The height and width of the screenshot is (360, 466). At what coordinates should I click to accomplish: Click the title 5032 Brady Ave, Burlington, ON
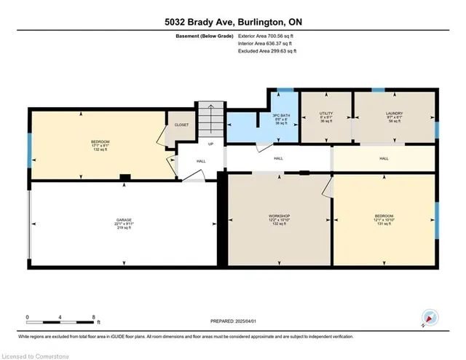[232, 22]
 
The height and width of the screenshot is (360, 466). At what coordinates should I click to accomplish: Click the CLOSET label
[181, 125]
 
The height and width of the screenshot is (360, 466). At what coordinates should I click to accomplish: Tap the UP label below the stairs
[210, 144]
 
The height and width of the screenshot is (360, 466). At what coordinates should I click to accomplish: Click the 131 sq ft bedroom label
[384, 219]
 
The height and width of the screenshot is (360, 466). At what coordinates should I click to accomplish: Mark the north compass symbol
[430, 318]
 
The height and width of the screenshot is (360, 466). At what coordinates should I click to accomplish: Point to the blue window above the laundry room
[377, 90]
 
